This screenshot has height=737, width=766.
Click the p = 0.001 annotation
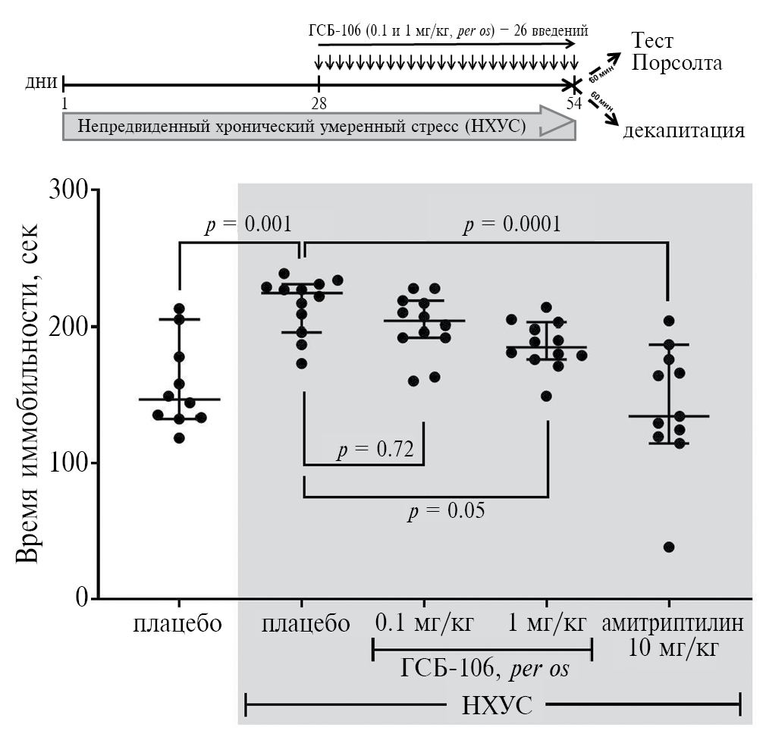[249, 224]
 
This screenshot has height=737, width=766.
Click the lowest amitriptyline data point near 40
[669, 547]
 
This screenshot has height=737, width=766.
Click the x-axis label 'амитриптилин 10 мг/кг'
[672, 637]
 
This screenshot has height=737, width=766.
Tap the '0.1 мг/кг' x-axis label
[425, 624]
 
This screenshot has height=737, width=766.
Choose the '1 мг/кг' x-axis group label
[546, 624]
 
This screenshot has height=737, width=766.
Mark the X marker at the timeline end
[573, 83]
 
